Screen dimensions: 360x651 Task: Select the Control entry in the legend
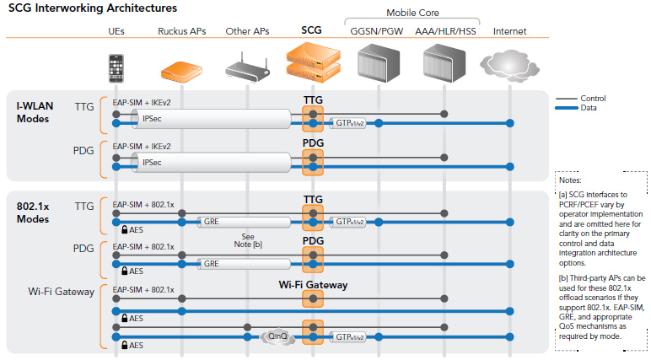(593, 99)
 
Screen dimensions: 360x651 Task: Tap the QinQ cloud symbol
(277, 336)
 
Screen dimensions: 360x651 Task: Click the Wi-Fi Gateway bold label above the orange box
(313, 285)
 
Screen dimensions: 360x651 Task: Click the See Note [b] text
(248, 240)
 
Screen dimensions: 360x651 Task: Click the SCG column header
(312, 30)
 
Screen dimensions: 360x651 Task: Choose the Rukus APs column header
(182, 31)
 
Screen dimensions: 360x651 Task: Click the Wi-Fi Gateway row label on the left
(62, 292)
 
